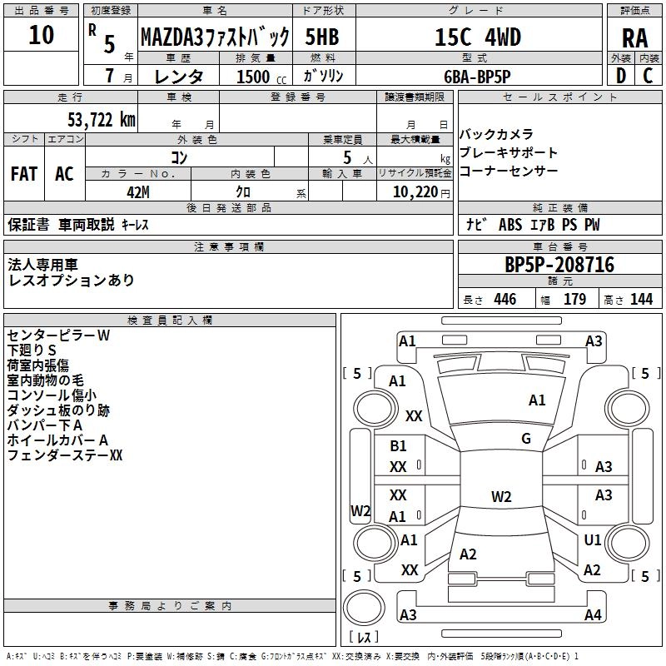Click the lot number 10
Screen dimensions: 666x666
point(41,35)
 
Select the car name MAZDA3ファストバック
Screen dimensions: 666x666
point(215,37)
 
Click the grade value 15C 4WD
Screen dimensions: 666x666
point(478,37)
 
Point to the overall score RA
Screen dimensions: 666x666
point(634,38)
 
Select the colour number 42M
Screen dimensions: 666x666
point(137,191)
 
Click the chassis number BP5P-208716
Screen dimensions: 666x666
point(559,265)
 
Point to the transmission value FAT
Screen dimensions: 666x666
point(24,173)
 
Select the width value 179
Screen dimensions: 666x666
point(574,300)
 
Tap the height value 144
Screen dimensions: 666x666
point(641,300)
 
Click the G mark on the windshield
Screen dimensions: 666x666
point(525,438)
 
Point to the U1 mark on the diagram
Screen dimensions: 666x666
point(592,540)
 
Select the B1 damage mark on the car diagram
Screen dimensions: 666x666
point(398,446)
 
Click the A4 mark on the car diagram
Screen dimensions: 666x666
point(593,615)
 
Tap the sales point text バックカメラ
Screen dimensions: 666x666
point(496,135)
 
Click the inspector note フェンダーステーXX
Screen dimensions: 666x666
point(65,455)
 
